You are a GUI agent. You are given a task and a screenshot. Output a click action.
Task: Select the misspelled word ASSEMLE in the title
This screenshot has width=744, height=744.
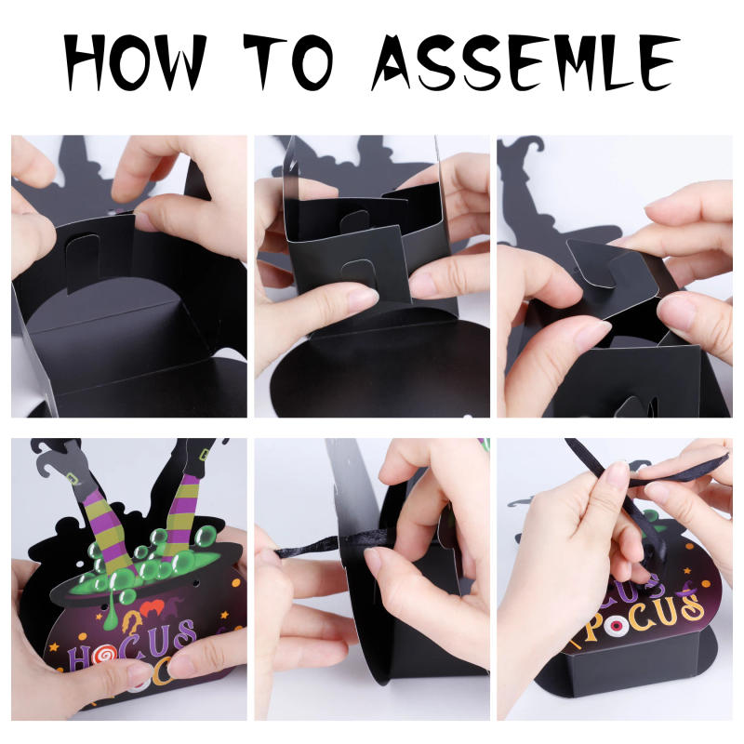tap(525, 61)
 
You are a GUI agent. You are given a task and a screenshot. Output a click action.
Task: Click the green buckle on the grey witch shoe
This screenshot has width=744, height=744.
tap(73, 477)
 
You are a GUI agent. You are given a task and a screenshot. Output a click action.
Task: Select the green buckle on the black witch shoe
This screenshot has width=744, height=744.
tap(205, 454)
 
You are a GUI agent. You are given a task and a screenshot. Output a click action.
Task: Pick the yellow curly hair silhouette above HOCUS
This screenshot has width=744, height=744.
tap(133, 625)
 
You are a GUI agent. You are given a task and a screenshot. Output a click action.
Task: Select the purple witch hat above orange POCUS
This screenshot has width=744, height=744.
tap(687, 591)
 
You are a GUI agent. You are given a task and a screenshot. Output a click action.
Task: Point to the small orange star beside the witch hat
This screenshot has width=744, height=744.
tap(706, 583)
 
